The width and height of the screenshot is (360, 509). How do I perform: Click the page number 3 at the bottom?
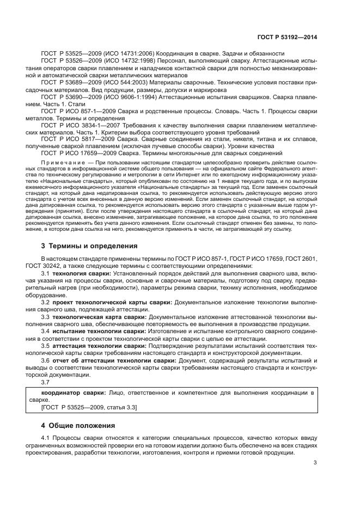click(x=315, y=463)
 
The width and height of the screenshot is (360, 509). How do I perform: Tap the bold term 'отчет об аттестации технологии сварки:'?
click(x=114, y=360)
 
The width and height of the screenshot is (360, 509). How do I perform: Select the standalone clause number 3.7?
click(x=46, y=382)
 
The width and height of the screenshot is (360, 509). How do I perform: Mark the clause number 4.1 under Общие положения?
click(x=46, y=438)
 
